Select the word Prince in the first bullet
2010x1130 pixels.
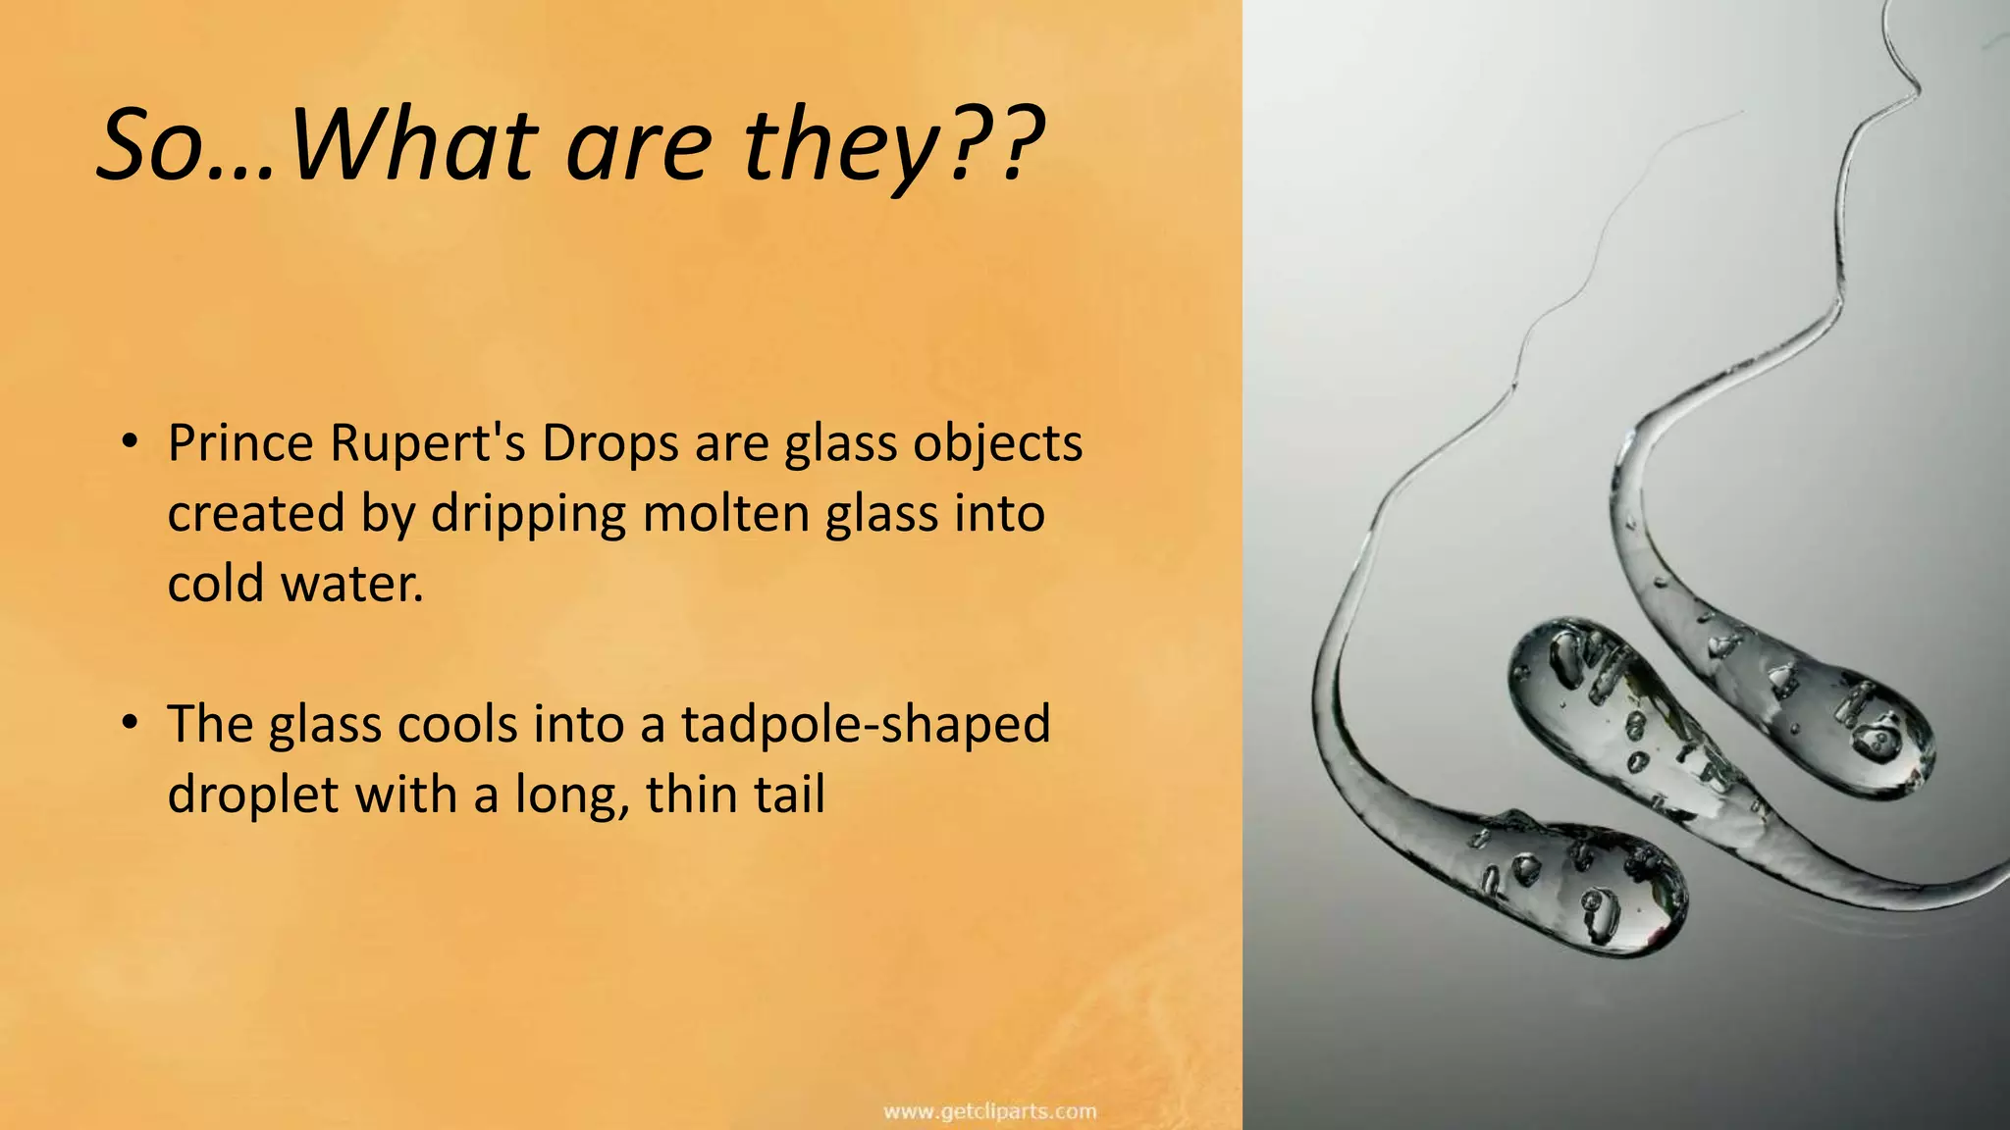[239, 443]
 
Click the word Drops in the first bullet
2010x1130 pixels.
[609, 443]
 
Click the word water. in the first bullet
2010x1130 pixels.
[352, 584]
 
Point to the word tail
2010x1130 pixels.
[784, 794]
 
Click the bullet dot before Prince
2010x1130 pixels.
[129, 443]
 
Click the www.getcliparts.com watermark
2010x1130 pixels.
[989, 1111]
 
